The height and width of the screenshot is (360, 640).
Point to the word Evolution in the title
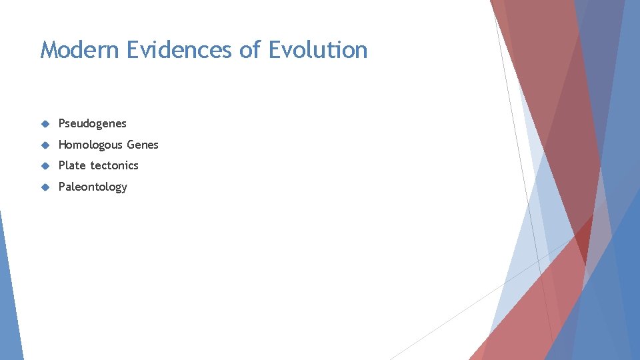coord(318,50)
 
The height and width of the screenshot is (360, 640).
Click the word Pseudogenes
coord(92,123)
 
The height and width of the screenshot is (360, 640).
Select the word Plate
coord(73,165)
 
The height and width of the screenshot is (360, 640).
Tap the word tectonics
coord(115,165)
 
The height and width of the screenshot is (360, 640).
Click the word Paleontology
coord(93,187)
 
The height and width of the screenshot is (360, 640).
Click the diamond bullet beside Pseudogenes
coord(45,123)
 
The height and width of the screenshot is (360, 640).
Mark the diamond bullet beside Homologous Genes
coord(45,145)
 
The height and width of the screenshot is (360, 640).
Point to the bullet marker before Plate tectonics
coord(45,165)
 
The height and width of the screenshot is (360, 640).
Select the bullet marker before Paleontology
coord(45,187)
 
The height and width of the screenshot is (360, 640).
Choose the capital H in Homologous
coord(63,145)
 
